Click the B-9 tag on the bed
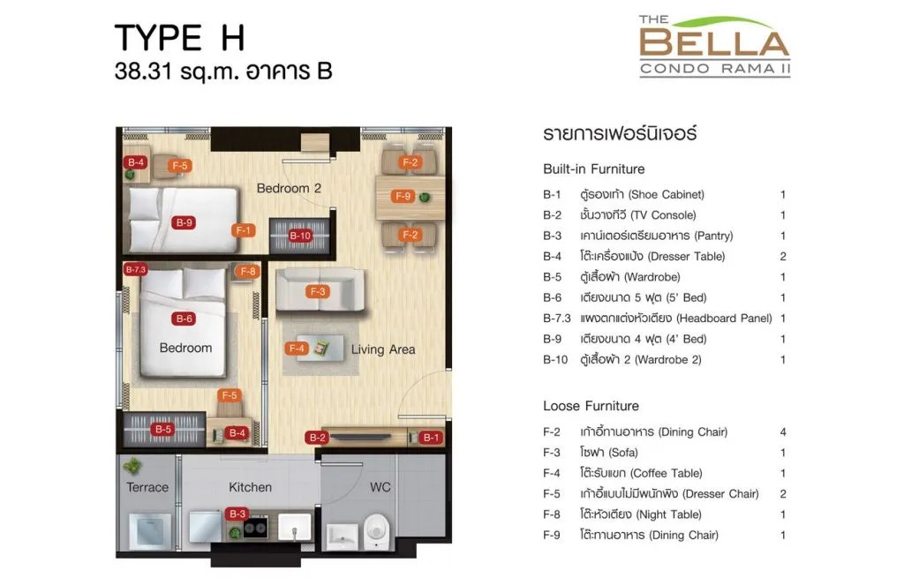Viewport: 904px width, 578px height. pos(184,222)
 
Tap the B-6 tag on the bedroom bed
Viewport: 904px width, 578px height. pos(184,319)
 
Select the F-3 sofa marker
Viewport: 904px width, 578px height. pos(318,291)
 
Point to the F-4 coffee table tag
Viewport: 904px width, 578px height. pos(297,348)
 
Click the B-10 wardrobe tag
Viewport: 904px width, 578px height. pos(300,235)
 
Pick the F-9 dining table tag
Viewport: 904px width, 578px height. pos(403,196)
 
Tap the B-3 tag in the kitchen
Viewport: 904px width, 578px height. pos(237,514)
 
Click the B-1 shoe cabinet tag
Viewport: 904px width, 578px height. pos(430,438)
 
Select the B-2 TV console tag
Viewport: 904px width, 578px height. pos(317,438)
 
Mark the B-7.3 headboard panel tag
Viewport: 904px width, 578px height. pos(136,269)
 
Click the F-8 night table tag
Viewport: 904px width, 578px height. pos(248,271)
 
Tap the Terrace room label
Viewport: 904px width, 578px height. pos(147,487)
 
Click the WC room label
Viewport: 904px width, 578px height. pos(380,487)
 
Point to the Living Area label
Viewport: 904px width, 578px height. pos(383,349)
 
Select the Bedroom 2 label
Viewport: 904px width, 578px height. pos(289,188)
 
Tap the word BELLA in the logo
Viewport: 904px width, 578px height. pos(714,43)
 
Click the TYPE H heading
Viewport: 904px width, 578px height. pos(180,38)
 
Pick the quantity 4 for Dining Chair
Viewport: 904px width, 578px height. pos(783,432)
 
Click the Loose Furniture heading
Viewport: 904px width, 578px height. pos(591,406)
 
